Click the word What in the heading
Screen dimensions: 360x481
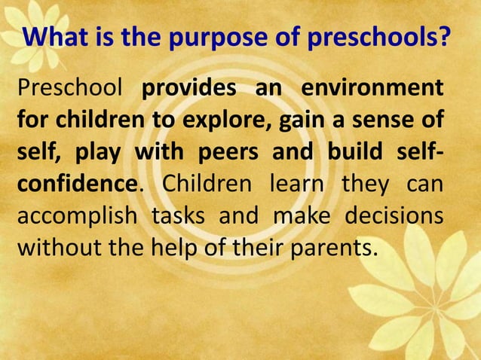(x=55, y=37)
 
